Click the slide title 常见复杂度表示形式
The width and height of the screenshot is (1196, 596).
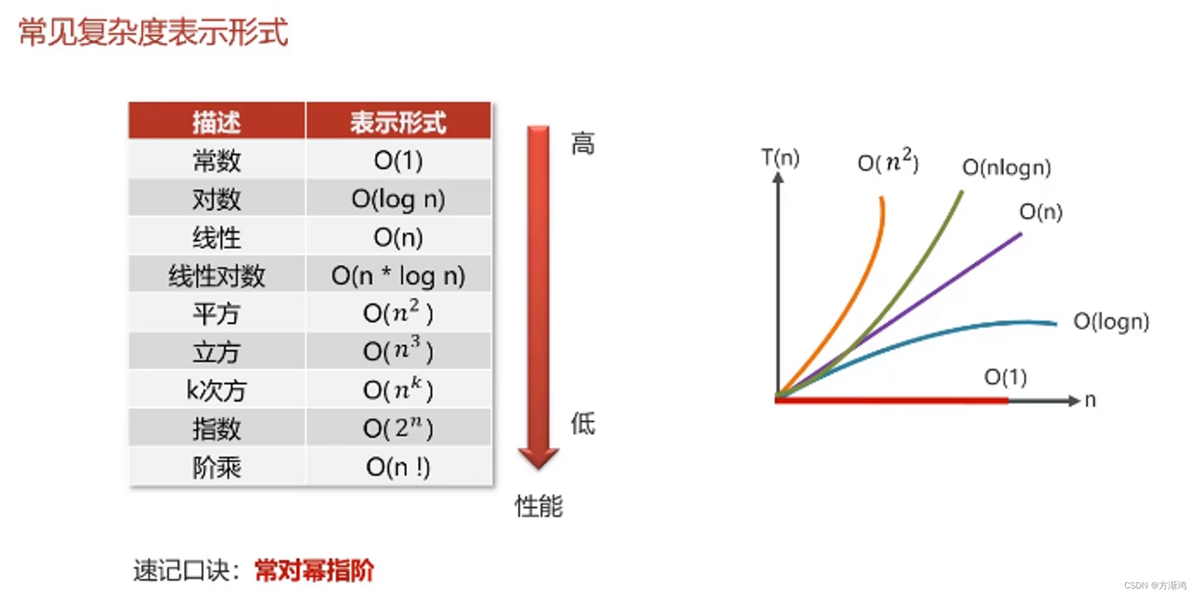coord(153,32)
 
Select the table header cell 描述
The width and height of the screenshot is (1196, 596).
coord(216,122)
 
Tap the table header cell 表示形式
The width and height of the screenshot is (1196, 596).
coord(398,122)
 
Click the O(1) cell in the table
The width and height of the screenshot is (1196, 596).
coord(398,161)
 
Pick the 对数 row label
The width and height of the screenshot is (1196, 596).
coord(216,199)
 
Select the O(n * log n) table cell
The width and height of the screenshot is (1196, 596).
coord(398,276)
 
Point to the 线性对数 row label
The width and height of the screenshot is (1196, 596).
coord(216,276)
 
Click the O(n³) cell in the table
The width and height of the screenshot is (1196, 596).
coord(398,352)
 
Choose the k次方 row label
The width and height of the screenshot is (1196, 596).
coord(216,390)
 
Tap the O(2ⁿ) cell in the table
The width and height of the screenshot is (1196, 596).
coord(398,428)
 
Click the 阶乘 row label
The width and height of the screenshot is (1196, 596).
coord(216,467)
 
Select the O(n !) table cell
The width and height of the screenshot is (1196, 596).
coord(398,467)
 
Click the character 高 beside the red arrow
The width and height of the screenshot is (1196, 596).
coord(583,144)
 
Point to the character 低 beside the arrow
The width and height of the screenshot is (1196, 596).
coord(583,424)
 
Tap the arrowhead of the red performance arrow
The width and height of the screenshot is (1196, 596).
coord(538,458)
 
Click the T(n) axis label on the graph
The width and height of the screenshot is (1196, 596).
coord(781,158)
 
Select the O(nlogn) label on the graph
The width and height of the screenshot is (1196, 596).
coord(1007,167)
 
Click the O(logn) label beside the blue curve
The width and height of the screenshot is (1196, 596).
coord(1111,322)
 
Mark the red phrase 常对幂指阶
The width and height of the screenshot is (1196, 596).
coord(315,570)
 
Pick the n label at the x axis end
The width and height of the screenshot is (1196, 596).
coord(1090,400)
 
